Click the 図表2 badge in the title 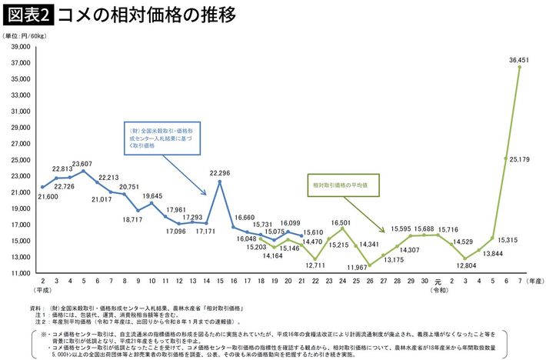(x=27, y=15)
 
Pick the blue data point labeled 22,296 (x=219, y=182)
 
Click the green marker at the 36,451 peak (x=520, y=68)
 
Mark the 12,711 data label (x=316, y=265)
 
